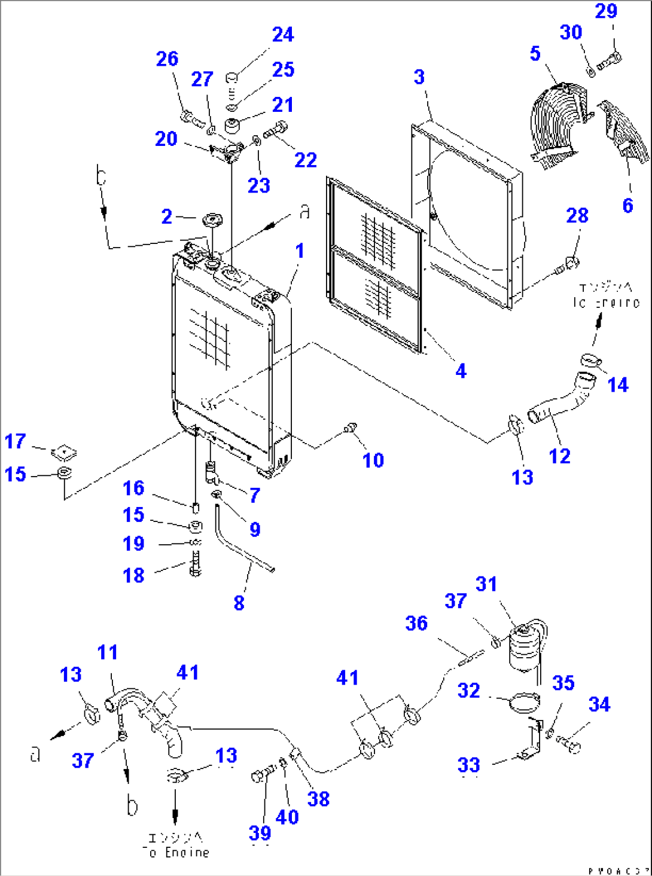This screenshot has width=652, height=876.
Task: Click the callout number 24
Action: [283, 35]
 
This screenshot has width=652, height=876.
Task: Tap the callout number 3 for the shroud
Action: [419, 77]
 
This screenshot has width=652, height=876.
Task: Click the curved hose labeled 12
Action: [560, 404]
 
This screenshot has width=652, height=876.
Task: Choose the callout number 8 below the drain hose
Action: [239, 603]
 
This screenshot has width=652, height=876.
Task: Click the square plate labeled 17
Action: [64, 453]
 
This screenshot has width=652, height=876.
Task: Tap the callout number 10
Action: [373, 460]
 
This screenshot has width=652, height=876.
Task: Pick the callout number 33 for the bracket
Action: [469, 765]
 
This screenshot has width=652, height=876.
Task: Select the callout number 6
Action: [627, 206]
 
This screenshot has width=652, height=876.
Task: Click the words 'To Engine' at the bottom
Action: [178, 852]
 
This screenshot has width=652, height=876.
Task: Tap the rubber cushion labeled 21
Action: [232, 126]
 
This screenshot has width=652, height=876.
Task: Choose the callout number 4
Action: [461, 371]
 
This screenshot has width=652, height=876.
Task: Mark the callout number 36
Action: [416, 623]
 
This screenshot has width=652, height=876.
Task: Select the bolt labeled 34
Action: [570, 745]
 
